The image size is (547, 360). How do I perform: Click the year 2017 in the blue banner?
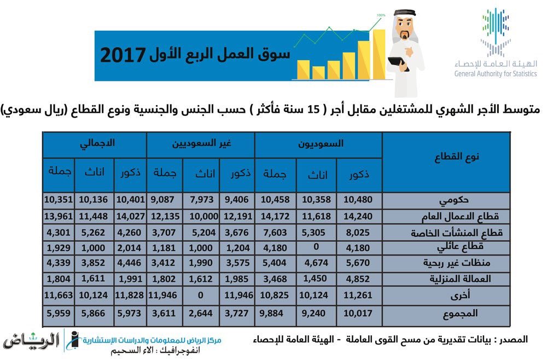pyautogui.click(x=123, y=55)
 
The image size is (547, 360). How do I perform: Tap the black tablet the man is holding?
pyautogui.click(x=397, y=63)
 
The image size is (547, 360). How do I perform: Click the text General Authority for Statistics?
pyautogui.click(x=496, y=74)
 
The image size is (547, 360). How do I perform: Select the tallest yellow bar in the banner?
pyautogui.click(x=379, y=54)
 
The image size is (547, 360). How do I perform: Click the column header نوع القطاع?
pyautogui.click(x=457, y=157)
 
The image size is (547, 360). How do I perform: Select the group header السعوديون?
pyautogui.click(x=321, y=143)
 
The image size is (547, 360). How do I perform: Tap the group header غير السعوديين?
pyautogui.click(x=201, y=143)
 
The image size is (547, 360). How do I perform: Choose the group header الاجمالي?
pyautogui.click(x=97, y=143)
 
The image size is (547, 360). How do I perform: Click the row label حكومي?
pyautogui.click(x=453, y=200)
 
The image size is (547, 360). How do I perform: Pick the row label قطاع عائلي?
pyautogui.click(x=460, y=247)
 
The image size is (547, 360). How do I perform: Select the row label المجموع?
pyautogui.click(x=460, y=313)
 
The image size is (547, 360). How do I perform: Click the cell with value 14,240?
pyautogui.click(x=358, y=216)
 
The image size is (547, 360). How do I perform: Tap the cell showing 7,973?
pyautogui.click(x=202, y=200)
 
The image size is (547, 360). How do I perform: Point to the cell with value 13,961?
pyautogui.click(x=59, y=216)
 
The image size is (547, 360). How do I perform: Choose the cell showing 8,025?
pyautogui.click(x=358, y=233)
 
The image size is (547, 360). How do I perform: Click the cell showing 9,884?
pyautogui.click(x=271, y=313)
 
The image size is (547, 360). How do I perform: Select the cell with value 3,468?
pyautogui.click(x=275, y=279)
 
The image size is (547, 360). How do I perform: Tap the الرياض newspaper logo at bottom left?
pyautogui.click(x=31, y=341)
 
